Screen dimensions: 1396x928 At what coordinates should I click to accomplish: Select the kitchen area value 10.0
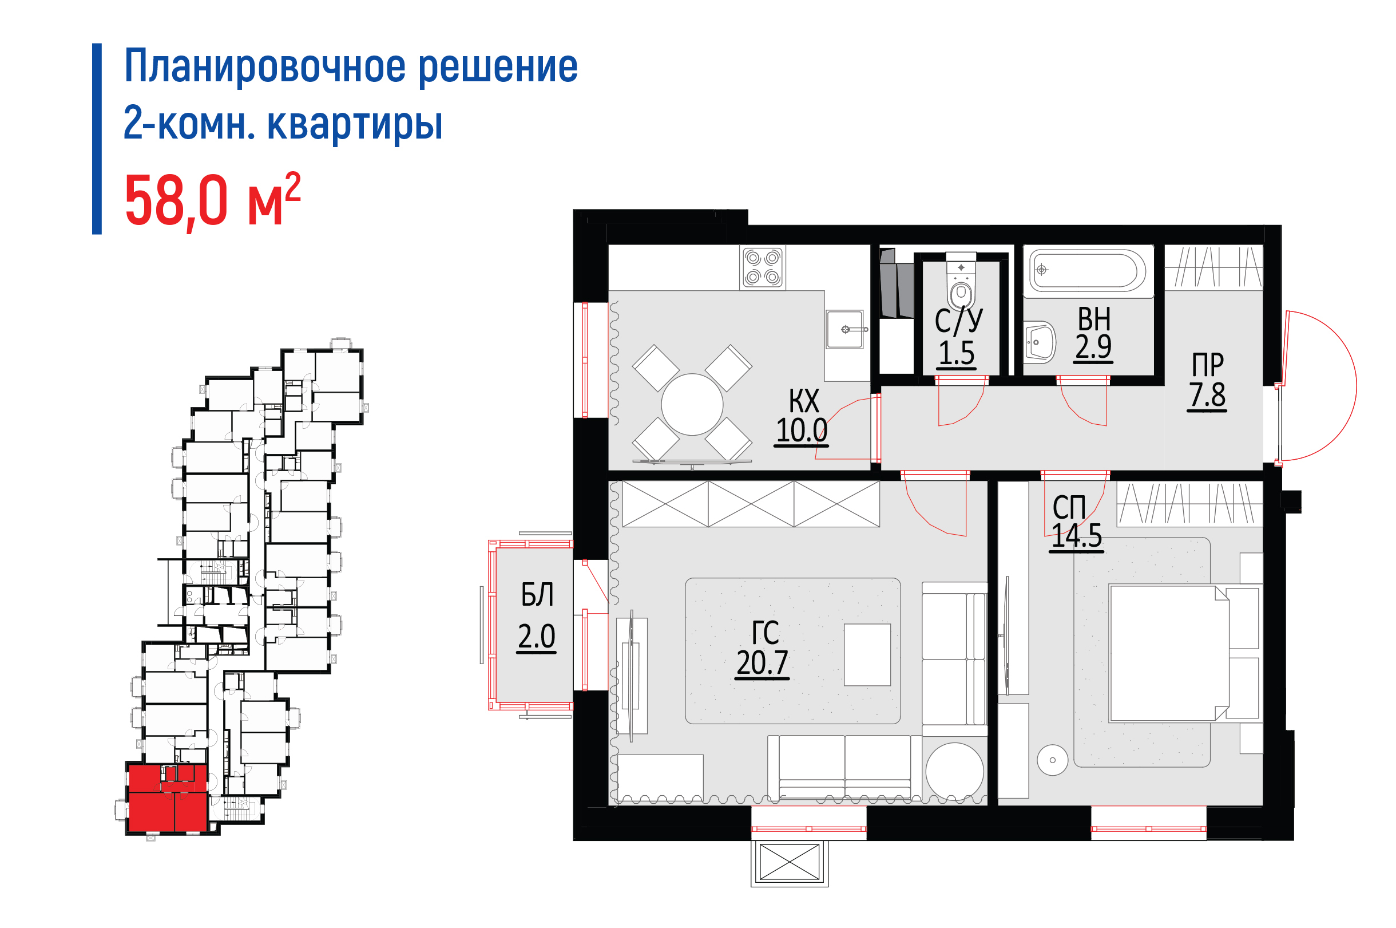802,430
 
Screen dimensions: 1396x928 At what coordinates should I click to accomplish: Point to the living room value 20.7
762,662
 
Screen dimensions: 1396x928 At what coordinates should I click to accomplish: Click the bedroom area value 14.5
1077,536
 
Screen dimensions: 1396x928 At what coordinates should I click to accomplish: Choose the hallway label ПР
1207,365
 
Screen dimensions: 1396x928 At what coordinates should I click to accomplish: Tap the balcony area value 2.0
537,636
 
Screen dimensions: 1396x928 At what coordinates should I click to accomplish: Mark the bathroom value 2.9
1093,346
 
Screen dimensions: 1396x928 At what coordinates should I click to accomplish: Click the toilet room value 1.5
957,353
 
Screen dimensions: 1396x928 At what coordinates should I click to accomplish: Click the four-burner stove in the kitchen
762,267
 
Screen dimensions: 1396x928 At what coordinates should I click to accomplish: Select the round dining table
692,405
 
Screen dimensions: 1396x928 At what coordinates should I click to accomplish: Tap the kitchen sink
845,329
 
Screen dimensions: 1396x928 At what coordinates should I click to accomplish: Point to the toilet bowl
961,282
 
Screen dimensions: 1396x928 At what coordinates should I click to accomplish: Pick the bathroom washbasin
1040,342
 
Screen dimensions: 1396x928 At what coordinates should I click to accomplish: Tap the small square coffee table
867,654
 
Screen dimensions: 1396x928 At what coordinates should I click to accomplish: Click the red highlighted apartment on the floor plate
168,799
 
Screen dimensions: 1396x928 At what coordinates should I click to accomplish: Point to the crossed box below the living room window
790,862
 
